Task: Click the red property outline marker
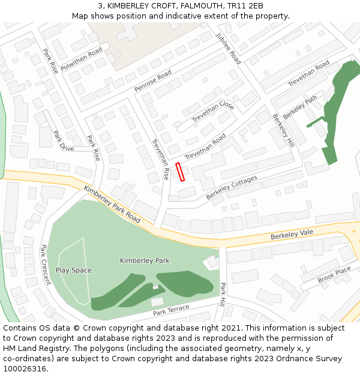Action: tap(180, 172)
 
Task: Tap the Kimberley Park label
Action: tap(145, 260)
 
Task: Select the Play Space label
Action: tap(74, 270)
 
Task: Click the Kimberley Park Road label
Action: tap(112, 204)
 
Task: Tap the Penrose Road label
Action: tap(152, 81)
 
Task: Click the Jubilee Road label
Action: tap(228, 48)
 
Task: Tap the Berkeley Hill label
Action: tap(283, 130)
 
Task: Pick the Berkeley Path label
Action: tap(300, 107)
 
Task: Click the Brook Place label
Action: tap(334, 275)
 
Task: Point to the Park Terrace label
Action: tap(171, 310)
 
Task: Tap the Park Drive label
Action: tap(64, 141)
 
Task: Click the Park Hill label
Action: tap(223, 295)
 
